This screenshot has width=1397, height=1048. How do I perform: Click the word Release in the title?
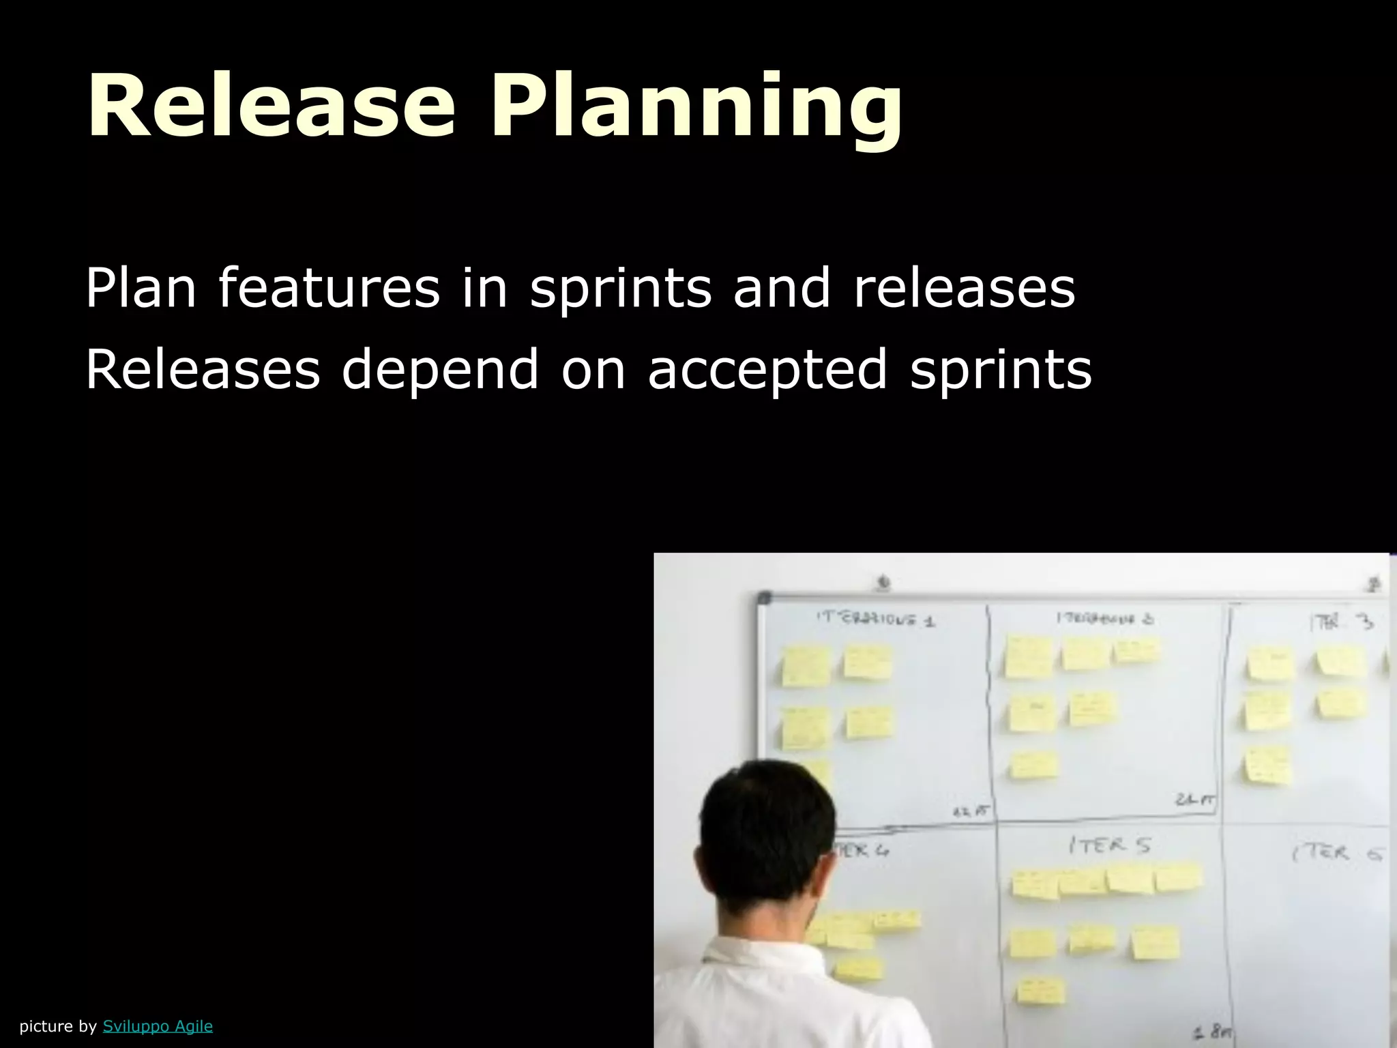(x=271, y=107)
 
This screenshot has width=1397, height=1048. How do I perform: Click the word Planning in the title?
(x=695, y=109)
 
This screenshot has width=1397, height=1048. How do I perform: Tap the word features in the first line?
(x=329, y=288)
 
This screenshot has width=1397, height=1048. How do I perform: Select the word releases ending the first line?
(x=964, y=288)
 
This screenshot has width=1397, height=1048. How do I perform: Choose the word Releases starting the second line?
(x=203, y=370)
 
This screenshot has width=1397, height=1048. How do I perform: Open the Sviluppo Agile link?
(x=158, y=1025)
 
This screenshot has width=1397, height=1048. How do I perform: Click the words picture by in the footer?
(x=58, y=1026)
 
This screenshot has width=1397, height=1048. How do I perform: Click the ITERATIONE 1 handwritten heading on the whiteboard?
(x=876, y=619)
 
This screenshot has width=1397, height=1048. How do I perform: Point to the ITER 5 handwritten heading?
(x=1109, y=846)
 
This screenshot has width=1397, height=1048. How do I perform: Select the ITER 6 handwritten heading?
(x=1338, y=853)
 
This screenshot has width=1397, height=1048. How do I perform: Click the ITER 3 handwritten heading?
(x=1340, y=622)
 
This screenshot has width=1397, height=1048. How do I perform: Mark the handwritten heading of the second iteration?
(x=1105, y=619)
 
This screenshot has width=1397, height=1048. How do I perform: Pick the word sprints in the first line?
(x=621, y=289)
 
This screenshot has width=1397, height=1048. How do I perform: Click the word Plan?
(x=141, y=288)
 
